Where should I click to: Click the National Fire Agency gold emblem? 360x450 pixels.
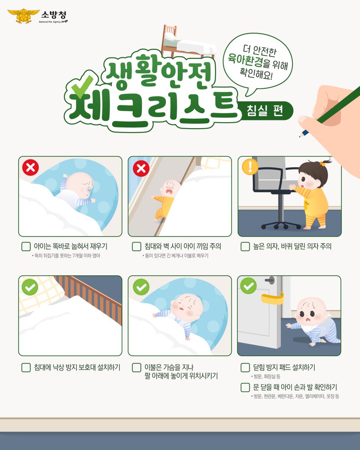23,16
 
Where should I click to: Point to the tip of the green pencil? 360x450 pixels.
300,136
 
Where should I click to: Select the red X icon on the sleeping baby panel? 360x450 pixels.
30,168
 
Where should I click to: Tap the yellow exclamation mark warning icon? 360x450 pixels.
250,167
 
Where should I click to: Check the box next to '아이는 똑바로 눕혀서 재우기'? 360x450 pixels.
26,247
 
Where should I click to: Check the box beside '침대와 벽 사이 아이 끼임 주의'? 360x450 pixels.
136,247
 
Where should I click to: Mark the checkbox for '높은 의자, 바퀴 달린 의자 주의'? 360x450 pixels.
245,247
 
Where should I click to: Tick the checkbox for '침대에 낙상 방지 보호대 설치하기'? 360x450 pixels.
26,367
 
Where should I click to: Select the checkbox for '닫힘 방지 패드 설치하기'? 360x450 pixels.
245,367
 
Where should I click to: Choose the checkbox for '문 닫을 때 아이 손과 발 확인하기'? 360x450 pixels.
245,387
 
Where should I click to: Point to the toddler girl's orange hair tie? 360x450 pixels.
322,163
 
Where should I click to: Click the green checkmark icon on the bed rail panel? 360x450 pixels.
30,287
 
